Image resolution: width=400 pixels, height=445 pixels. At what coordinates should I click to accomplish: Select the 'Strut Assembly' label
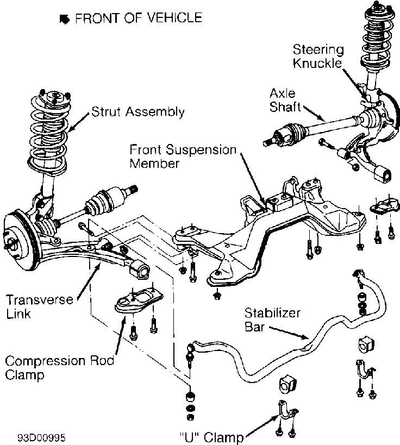137,112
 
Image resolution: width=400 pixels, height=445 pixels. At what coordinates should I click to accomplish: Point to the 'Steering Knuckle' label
318,57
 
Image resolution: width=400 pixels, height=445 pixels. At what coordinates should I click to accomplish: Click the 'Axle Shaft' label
283,99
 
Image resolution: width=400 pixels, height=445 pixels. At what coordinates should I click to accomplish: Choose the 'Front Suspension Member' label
183,155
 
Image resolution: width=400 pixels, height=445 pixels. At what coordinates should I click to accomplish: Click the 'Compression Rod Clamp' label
60,367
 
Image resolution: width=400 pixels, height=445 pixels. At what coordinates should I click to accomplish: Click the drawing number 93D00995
43,436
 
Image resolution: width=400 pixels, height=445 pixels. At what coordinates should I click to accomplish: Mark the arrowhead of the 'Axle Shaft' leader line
324,119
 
